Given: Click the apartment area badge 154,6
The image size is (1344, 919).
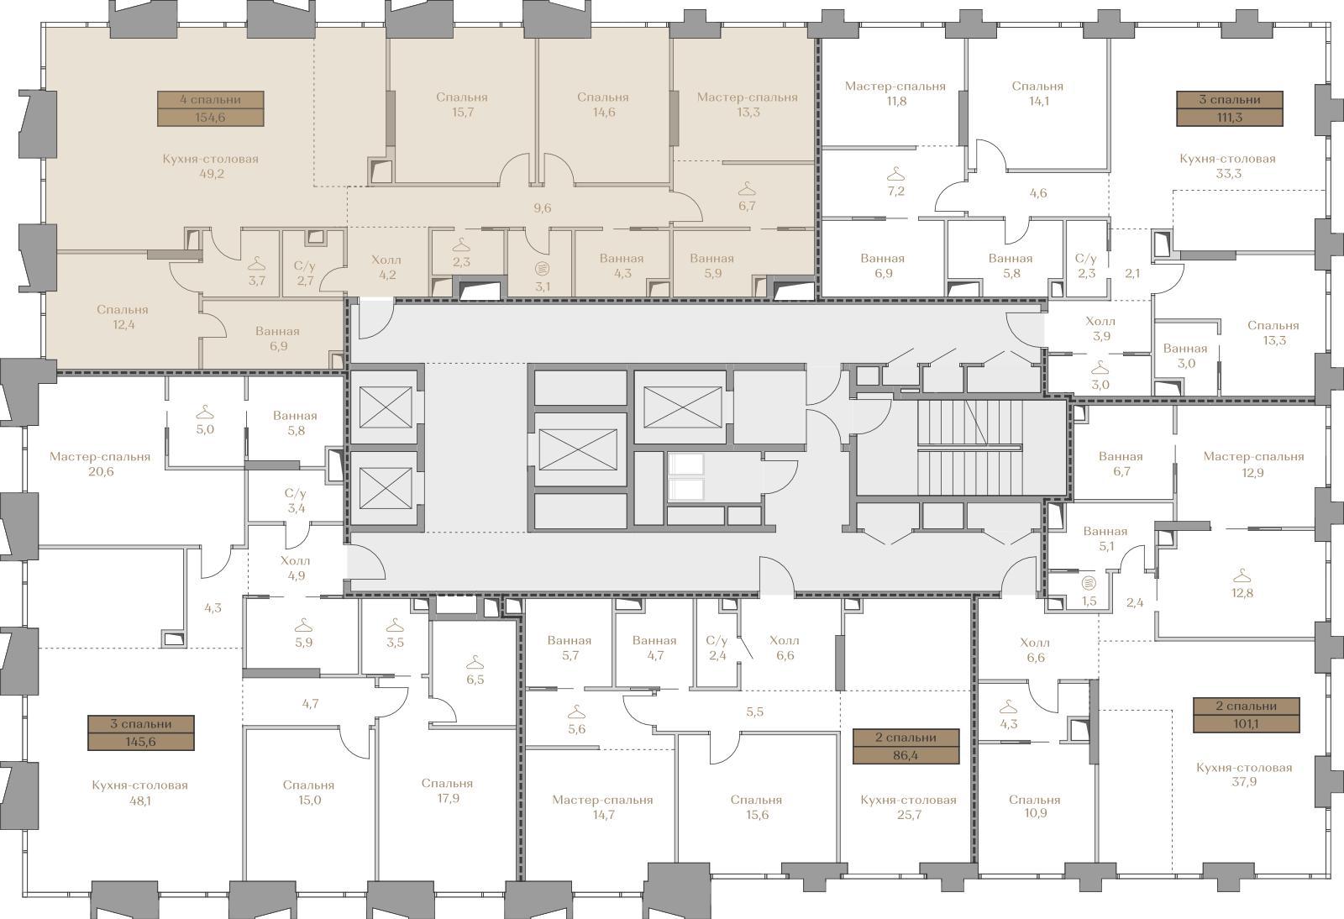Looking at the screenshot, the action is coord(211,108).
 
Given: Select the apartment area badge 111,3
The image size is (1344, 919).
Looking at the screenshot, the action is coord(1230,108).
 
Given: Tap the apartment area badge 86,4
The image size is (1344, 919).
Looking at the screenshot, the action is coord(906,746).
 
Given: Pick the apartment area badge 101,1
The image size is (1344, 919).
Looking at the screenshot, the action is coord(1247,715).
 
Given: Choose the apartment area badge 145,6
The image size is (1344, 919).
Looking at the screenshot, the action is coord(141,733).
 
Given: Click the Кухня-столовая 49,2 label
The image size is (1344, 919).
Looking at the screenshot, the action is coord(211,166).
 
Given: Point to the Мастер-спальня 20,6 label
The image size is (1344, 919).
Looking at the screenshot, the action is coord(100,464).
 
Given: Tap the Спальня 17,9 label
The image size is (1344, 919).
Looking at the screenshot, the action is coord(448,790).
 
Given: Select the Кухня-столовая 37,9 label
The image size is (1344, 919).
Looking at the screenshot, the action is coord(1244,775).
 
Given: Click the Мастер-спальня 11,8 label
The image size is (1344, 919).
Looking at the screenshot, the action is coord(895,93).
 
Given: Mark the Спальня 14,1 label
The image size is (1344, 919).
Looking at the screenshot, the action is coord(1037,93).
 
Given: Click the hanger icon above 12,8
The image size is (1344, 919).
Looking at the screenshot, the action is coord(1242,576).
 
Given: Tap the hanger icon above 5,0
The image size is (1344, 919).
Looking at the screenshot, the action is coord(205,412).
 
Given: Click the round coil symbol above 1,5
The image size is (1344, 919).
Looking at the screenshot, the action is coord(1089,582).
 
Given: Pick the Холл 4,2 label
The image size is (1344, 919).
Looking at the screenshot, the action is coord(386,267).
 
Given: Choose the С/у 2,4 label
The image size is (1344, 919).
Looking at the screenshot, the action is coord(717,648).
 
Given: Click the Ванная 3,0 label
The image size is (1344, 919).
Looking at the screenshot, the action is coord(1185,355).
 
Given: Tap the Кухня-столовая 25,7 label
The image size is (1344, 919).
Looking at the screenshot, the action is coord(908,806).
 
